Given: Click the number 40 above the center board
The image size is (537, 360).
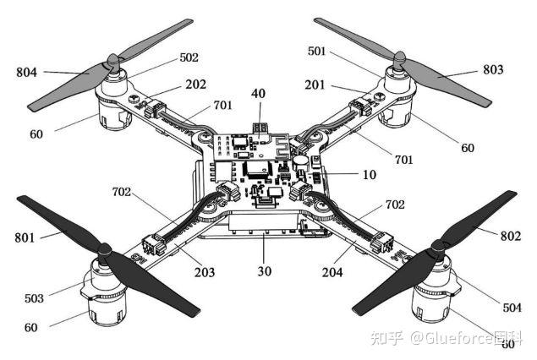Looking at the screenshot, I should pyautogui.click(x=258, y=94).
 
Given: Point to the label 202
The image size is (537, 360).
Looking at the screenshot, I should pyautogui.click(x=196, y=85).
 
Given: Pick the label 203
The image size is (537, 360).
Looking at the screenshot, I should pyautogui.click(x=204, y=272).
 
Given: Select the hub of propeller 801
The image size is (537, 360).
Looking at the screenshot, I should pyautogui.click(x=104, y=251).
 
